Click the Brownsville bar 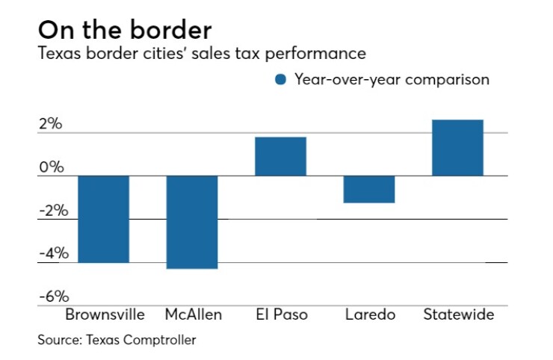tap(104, 219)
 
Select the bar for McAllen tap(192, 222)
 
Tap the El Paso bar tap(280, 156)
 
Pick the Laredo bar tap(369, 189)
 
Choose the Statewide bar tap(457, 148)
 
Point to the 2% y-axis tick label tap(52, 124)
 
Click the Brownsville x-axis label tap(105, 314)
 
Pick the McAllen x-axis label tap(192, 314)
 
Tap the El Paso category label tap(280, 314)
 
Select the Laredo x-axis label tap(369, 314)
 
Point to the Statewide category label tap(458, 314)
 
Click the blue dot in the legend tap(281, 80)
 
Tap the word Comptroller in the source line tap(163, 340)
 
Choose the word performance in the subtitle tap(317, 54)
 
